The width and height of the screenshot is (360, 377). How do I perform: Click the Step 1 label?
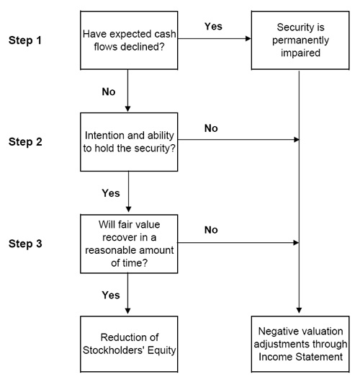[25, 40]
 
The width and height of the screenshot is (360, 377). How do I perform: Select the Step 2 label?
[25, 142]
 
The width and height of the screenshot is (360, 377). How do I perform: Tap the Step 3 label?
[25, 244]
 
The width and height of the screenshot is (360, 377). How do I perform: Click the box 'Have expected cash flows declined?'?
[129, 40]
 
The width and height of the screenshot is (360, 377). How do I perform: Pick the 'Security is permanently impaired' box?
[300, 40]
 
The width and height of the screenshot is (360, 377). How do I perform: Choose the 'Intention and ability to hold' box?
[129, 142]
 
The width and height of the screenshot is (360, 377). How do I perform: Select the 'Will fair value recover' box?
[129, 244]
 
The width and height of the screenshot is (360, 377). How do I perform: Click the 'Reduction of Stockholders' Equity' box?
[129, 344]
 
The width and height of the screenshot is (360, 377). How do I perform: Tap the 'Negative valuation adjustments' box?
[300, 344]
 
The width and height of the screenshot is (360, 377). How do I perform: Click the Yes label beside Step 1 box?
[213, 27]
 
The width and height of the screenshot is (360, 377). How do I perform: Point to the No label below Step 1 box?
[109, 92]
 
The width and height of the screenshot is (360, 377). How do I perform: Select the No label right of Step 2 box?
[211, 128]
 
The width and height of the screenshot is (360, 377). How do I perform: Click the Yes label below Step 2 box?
[111, 193]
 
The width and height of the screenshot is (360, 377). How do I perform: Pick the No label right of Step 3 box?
[211, 230]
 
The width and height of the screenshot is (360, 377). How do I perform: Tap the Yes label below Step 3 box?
[111, 296]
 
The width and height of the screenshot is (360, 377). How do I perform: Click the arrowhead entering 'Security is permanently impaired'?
[248, 38]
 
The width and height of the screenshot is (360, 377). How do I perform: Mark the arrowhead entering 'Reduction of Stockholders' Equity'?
[127, 311]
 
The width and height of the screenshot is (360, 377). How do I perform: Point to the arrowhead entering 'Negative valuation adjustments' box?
[299, 310]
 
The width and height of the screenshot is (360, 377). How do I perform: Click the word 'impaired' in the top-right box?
[300, 53]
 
